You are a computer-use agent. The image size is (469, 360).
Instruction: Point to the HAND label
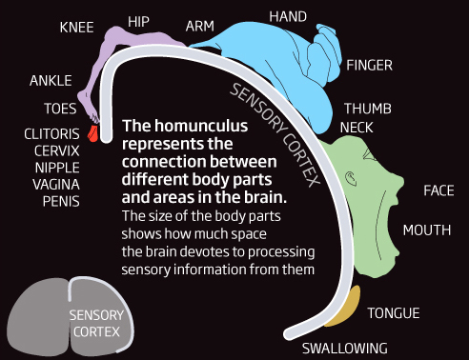coord(288,17)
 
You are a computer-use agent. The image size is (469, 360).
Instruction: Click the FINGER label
coord(369,66)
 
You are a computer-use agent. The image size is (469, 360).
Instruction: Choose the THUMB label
coord(367,109)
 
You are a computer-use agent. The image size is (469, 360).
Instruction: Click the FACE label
coord(438,190)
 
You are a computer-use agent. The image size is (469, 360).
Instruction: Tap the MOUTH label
coord(426,230)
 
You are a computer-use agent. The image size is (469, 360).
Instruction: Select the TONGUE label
coord(394,312)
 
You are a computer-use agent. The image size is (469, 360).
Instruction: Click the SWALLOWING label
coord(344,347)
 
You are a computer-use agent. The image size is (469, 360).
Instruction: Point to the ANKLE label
coord(51,80)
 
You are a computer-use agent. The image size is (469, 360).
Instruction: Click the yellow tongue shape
coord(351,303)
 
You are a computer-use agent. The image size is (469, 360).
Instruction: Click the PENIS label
coord(60,201)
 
